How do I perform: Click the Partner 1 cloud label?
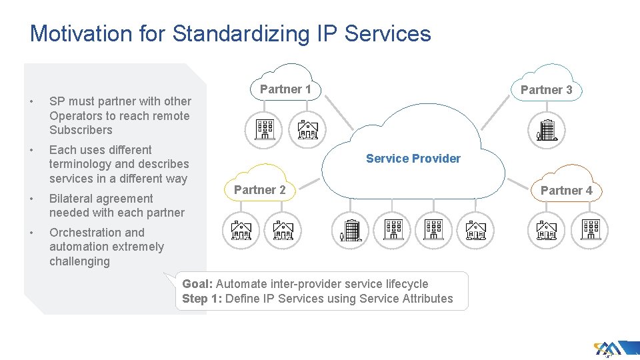(285, 89)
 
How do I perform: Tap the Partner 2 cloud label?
(259, 190)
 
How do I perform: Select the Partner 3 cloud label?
(546, 90)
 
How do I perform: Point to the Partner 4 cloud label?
(566, 191)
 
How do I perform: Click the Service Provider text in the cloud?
(413, 159)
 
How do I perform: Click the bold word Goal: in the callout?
(197, 284)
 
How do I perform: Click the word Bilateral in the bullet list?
(72, 199)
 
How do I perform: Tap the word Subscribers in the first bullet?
(81, 130)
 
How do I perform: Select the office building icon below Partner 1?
(265, 128)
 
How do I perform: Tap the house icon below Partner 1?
(307, 128)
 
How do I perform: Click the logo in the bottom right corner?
(608, 348)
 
